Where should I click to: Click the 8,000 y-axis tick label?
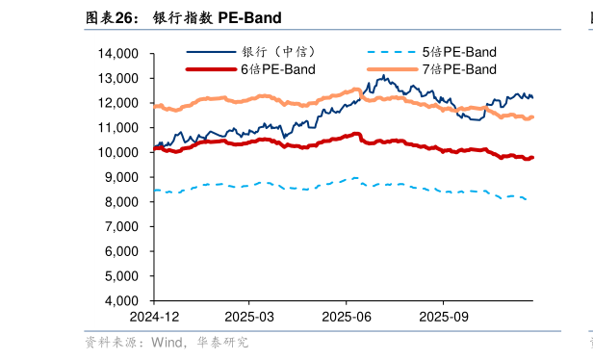click(122, 202)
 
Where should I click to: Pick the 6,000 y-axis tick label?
click(122, 251)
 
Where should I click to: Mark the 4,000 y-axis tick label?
click(122, 300)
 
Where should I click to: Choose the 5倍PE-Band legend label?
click(459, 51)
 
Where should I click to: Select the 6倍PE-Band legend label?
click(277, 69)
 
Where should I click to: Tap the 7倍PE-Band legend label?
click(459, 69)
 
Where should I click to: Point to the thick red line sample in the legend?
click(210, 69)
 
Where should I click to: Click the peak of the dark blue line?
click(383, 75)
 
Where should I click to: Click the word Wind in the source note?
click(165, 342)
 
